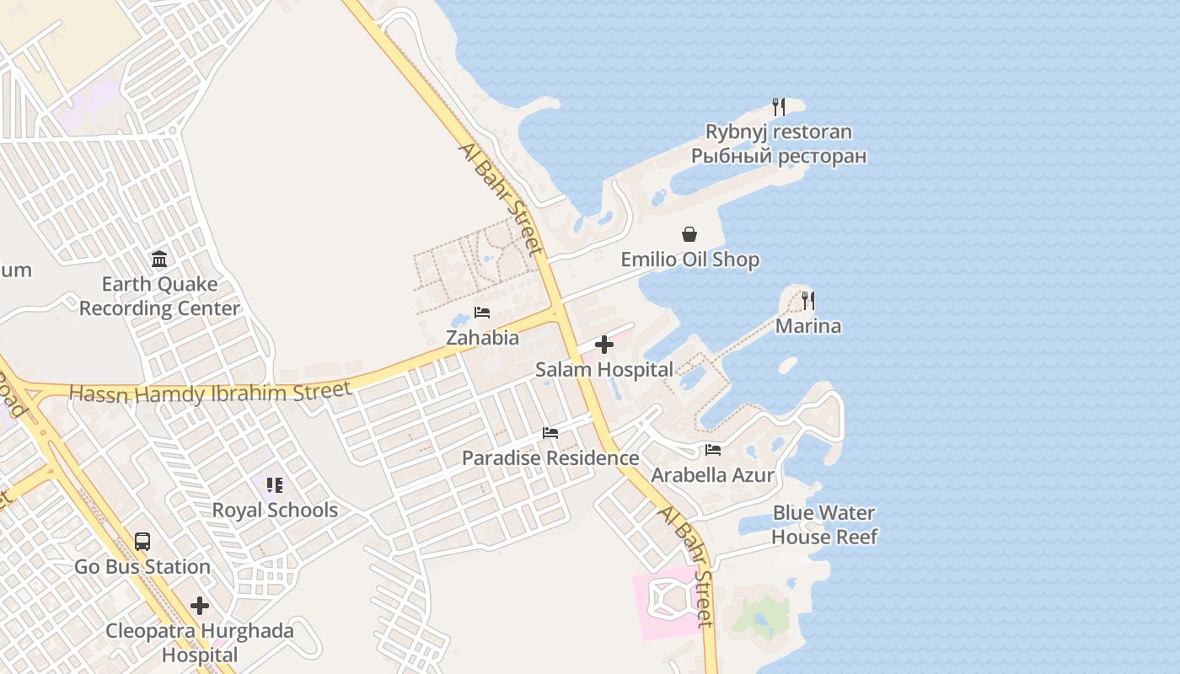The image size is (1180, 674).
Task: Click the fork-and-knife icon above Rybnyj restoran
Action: (x=779, y=107)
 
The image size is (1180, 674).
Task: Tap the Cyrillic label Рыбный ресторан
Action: (x=779, y=156)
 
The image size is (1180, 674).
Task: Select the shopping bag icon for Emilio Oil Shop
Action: (x=689, y=234)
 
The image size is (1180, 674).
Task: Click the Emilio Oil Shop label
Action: (x=690, y=259)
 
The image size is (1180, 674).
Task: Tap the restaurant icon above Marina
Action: (x=808, y=300)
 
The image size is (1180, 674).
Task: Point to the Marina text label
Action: (x=808, y=326)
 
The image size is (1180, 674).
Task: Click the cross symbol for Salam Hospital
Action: (x=604, y=344)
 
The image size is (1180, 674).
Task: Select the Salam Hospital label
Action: (x=604, y=369)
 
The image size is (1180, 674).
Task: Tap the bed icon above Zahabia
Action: (x=482, y=313)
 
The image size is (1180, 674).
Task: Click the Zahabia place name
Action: (x=482, y=338)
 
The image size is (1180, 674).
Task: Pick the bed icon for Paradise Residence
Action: (x=550, y=433)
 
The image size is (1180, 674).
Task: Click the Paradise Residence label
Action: (x=550, y=458)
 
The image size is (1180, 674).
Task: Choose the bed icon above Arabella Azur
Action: (x=713, y=450)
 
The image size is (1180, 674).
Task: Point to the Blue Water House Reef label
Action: (x=824, y=525)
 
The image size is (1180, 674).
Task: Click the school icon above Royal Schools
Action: (x=275, y=485)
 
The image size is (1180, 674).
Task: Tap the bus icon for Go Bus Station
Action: (x=142, y=542)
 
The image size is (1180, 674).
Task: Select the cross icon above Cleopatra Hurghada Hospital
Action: (x=200, y=606)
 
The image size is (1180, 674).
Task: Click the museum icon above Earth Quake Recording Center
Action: (x=159, y=259)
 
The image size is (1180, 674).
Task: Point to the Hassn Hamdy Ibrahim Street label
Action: (x=210, y=393)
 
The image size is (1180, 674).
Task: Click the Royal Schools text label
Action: (x=275, y=511)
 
